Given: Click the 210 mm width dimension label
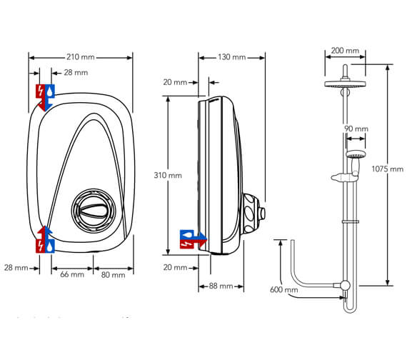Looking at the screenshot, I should point(81,56).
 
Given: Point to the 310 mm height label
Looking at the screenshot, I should point(169,175).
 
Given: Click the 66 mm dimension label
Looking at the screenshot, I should point(71,274).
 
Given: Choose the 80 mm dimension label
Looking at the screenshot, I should point(113,274).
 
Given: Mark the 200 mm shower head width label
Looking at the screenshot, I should point(346,51).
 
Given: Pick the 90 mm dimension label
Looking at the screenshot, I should point(356,129).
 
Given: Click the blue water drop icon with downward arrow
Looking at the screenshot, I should point(50,91).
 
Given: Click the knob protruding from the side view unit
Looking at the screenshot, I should point(263,211).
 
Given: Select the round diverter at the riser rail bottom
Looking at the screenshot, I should point(345,285).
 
